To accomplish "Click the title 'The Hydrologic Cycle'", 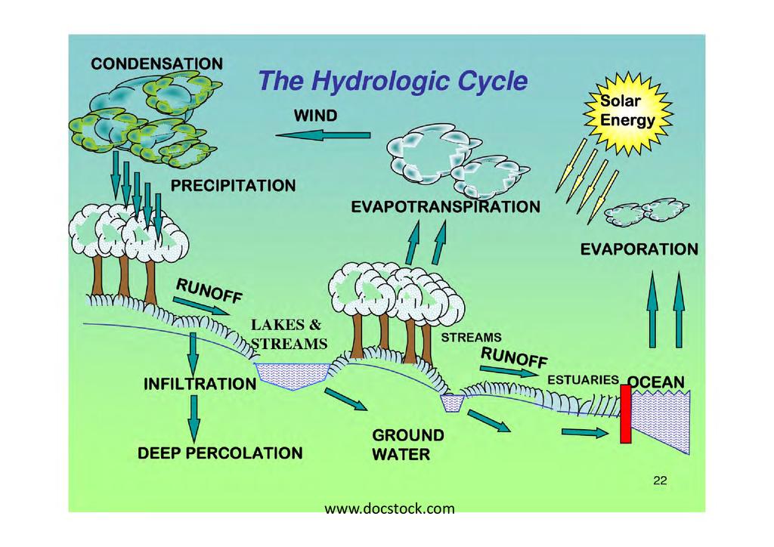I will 392,81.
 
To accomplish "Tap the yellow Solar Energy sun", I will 627,112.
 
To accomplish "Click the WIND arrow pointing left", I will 323,135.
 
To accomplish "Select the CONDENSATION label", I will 156,63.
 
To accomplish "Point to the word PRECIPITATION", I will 233,185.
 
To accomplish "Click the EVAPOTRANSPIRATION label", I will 446,206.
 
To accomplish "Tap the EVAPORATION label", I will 639,249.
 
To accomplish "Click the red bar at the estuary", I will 625,413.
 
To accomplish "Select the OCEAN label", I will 657,382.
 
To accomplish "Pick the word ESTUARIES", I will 583,380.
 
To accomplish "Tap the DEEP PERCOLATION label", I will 219,453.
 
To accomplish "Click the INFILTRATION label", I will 200,384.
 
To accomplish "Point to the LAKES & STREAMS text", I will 289,335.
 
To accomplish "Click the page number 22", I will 660,481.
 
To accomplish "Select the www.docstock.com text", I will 389,508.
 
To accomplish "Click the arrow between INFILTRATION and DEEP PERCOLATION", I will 193,416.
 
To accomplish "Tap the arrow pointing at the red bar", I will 584,433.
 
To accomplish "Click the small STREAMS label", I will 471,337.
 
